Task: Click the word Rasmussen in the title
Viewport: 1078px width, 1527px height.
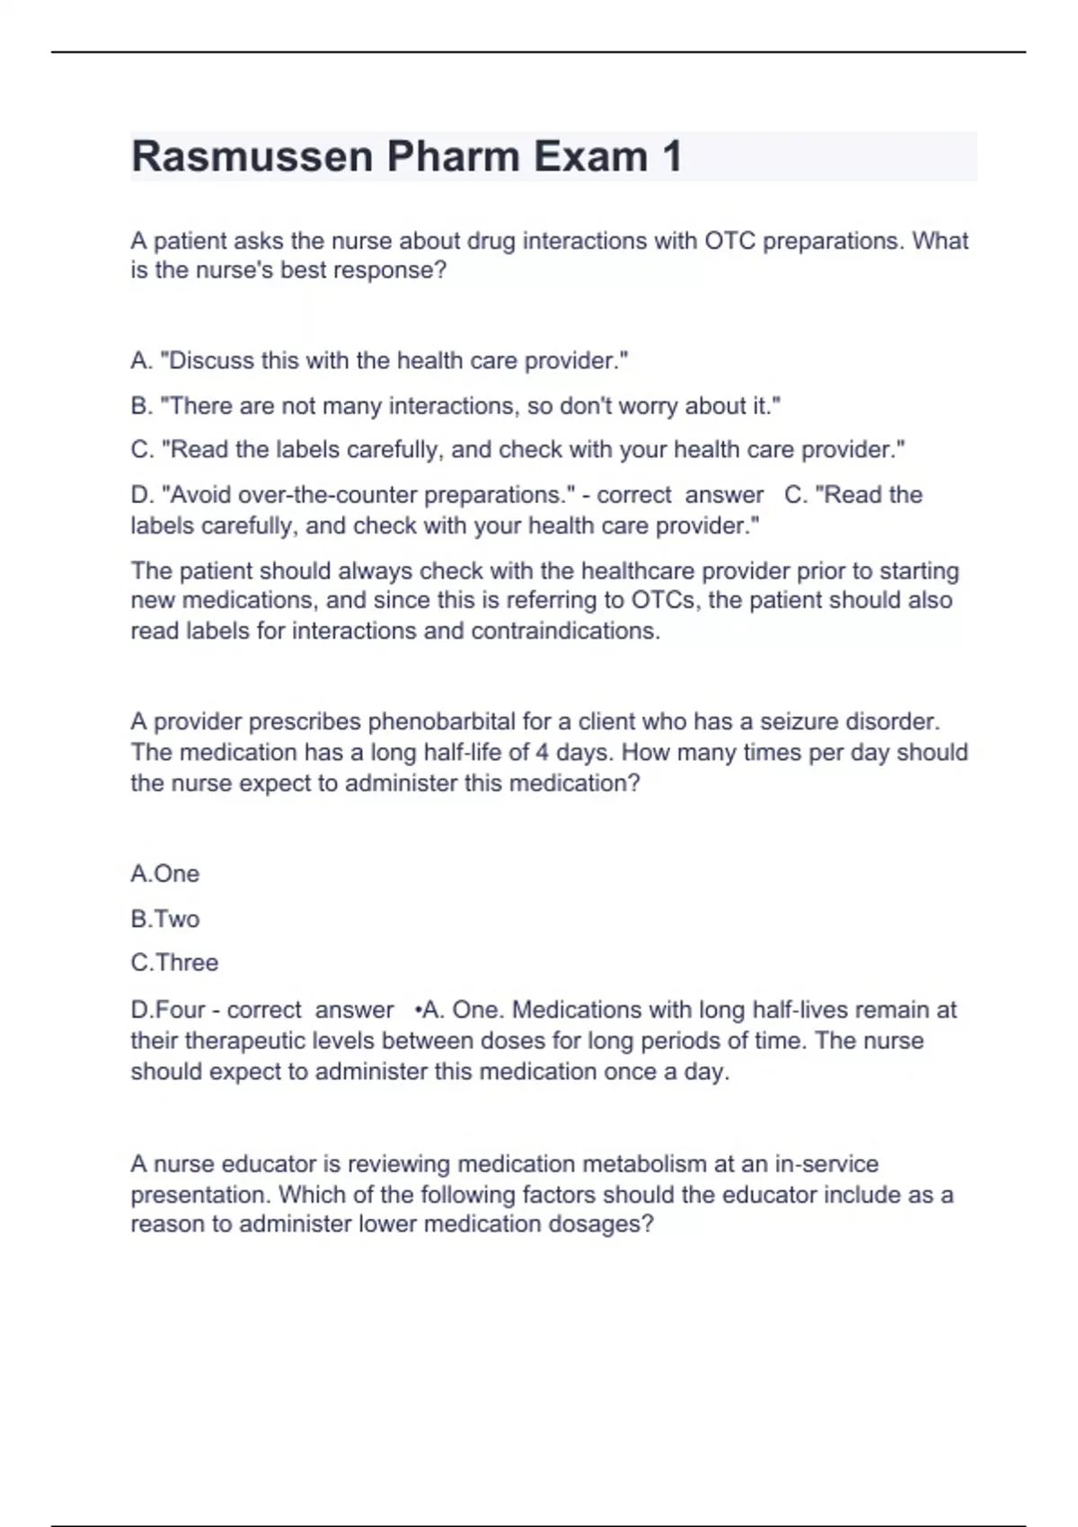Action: click(x=252, y=157)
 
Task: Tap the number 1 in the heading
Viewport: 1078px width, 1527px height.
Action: click(x=671, y=157)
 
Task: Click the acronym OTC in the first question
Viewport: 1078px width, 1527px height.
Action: click(x=729, y=242)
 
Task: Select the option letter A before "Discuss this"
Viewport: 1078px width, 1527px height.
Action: click(x=140, y=361)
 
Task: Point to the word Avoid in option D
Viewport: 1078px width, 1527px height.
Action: click(x=198, y=495)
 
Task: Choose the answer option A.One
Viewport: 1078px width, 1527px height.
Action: click(x=165, y=874)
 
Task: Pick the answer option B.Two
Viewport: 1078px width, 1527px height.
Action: click(x=165, y=919)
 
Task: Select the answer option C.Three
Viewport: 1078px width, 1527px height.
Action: click(x=174, y=963)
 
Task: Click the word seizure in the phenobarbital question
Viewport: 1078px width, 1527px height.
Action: click(x=800, y=722)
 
